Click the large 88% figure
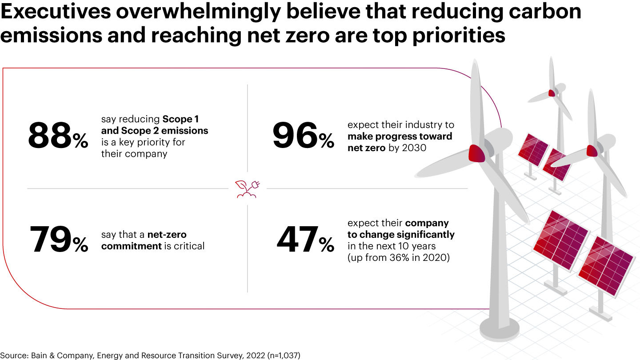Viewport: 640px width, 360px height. pos(58,136)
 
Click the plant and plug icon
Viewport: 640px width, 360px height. pos(247,188)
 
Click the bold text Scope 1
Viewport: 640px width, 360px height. pos(180,119)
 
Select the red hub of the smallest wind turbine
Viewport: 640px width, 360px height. pos(552,93)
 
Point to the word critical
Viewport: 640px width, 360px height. pos(190,246)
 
